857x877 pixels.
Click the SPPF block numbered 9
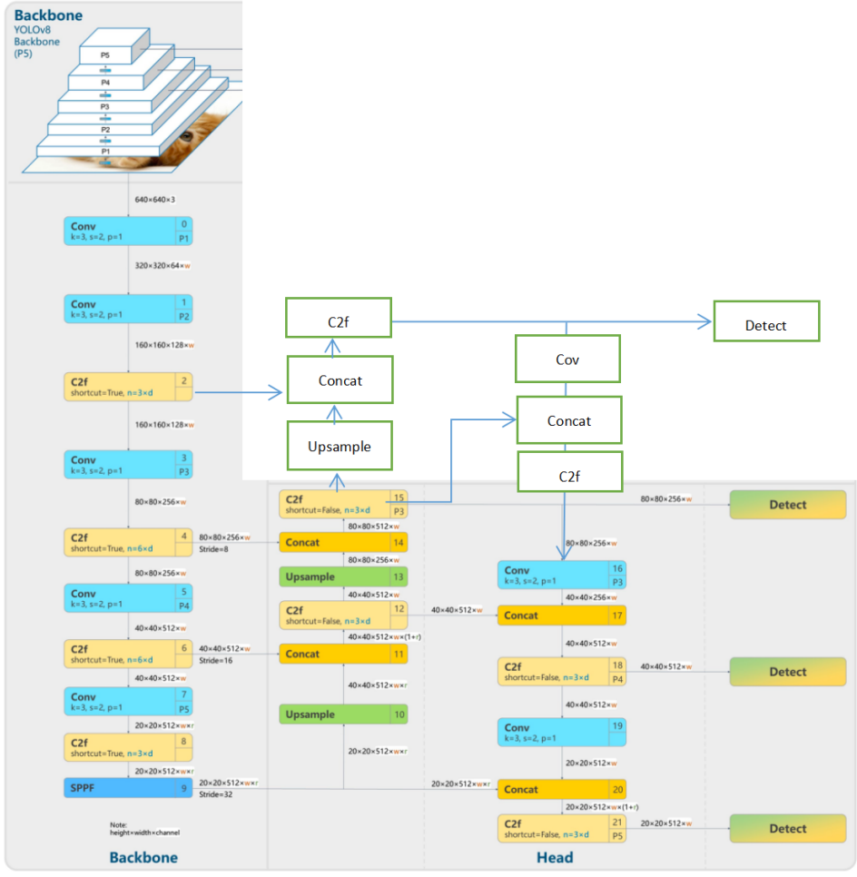(x=128, y=788)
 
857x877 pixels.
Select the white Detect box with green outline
(x=766, y=321)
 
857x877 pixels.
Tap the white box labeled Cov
(x=567, y=359)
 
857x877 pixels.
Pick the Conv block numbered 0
(x=128, y=232)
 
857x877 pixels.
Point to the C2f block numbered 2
(x=128, y=387)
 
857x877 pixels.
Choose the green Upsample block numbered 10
(x=343, y=714)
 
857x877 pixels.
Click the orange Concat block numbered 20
(x=561, y=789)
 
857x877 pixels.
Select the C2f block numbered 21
(x=561, y=828)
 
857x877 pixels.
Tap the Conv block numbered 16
(x=561, y=575)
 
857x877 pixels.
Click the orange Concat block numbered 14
(x=343, y=543)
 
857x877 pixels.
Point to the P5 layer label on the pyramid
(x=104, y=55)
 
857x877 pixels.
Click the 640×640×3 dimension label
(x=155, y=199)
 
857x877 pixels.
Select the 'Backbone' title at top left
(x=48, y=15)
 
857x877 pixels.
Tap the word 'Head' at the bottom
(x=554, y=857)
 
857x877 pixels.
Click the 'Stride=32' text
(x=217, y=793)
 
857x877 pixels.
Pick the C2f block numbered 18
(x=561, y=672)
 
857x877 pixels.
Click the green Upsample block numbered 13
(x=343, y=576)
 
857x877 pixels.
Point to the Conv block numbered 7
(x=128, y=701)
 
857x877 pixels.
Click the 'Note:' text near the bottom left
(x=119, y=824)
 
